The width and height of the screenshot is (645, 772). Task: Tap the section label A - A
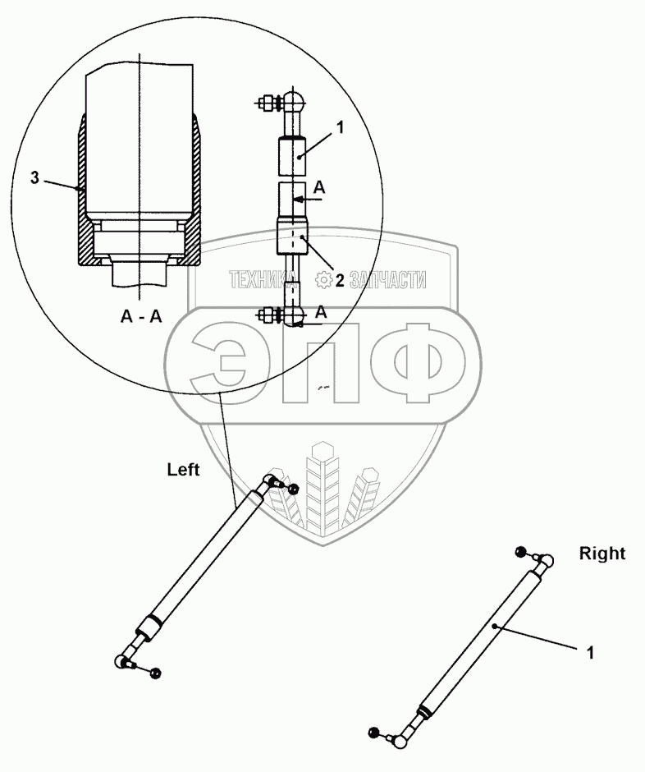[x=142, y=317]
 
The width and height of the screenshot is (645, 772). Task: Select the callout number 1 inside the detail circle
[x=341, y=127]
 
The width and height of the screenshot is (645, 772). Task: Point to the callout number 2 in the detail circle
[x=340, y=281]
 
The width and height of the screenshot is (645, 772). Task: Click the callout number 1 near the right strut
[x=589, y=653]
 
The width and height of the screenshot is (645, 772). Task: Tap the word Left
[x=184, y=471]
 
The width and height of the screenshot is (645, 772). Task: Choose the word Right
[x=602, y=554]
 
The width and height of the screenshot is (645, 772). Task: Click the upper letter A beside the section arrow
[x=320, y=188]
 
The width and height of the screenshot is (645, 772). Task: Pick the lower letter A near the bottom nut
[x=321, y=311]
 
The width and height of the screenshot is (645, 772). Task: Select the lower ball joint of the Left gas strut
[x=123, y=660]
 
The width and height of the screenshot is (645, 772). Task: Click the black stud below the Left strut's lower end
[x=157, y=673]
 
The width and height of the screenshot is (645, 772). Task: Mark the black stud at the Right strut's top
[x=519, y=551]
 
